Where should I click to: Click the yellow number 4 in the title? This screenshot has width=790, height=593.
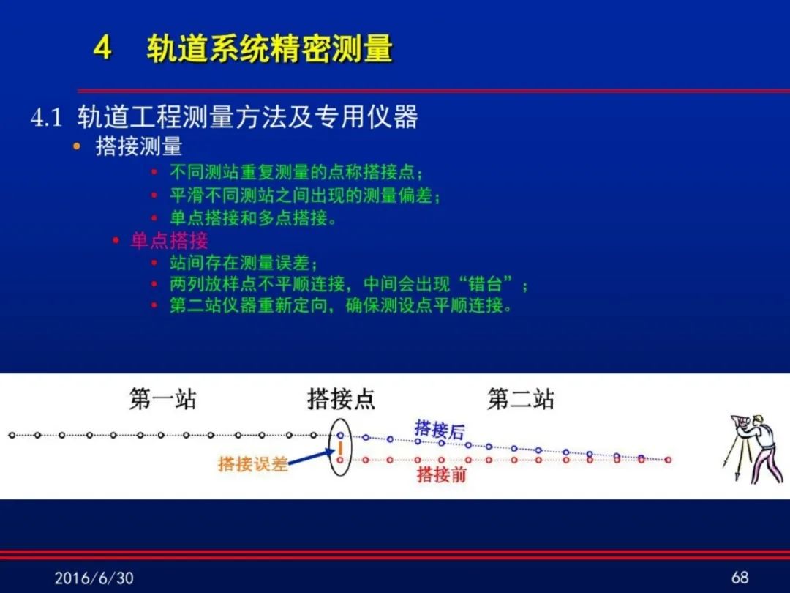[x=102, y=48]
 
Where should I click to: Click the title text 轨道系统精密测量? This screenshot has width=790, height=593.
[x=269, y=49]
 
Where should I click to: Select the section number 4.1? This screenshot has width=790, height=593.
[x=46, y=117]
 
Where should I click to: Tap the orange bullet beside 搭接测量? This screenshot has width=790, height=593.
[x=77, y=146]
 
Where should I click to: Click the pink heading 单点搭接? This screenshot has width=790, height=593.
[x=169, y=241]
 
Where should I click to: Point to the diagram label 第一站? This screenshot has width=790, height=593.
[x=162, y=399]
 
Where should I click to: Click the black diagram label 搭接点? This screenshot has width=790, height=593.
[x=341, y=399]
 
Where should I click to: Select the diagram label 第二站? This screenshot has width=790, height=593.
[x=521, y=399]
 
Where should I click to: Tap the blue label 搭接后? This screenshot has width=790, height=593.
[x=440, y=430]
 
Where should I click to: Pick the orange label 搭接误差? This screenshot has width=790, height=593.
[x=252, y=463]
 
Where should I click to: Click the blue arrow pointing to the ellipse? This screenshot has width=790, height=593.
[x=311, y=458]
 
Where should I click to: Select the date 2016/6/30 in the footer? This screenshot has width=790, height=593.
[x=94, y=578]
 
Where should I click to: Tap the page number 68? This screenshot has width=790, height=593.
[x=740, y=578]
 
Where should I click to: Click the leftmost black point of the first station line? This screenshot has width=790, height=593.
[x=12, y=435]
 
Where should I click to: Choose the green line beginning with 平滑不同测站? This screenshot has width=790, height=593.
[x=305, y=195]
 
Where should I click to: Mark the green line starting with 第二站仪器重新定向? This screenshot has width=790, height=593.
[x=341, y=305]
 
